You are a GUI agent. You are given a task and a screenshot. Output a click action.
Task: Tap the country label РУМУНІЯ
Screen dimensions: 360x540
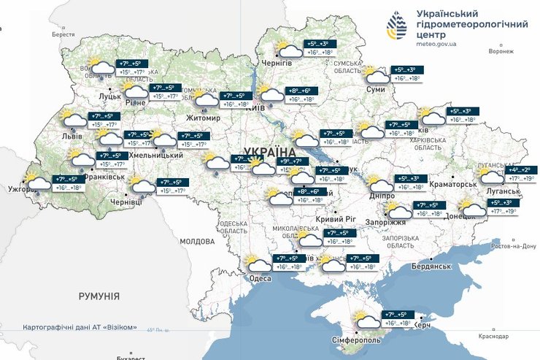click(x=99, y=296)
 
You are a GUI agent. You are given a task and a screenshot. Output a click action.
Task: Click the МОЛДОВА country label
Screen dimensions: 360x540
click(x=196, y=241)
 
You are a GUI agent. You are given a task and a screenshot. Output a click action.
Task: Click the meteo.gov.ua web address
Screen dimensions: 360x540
click(x=436, y=44)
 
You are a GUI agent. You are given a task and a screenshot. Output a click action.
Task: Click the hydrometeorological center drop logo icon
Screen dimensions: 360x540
click(x=397, y=28)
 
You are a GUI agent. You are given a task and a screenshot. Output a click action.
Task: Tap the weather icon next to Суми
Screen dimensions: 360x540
click(x=377, y=75)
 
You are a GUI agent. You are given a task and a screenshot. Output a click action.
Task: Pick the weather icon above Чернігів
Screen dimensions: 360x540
click(x=290, y=49)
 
